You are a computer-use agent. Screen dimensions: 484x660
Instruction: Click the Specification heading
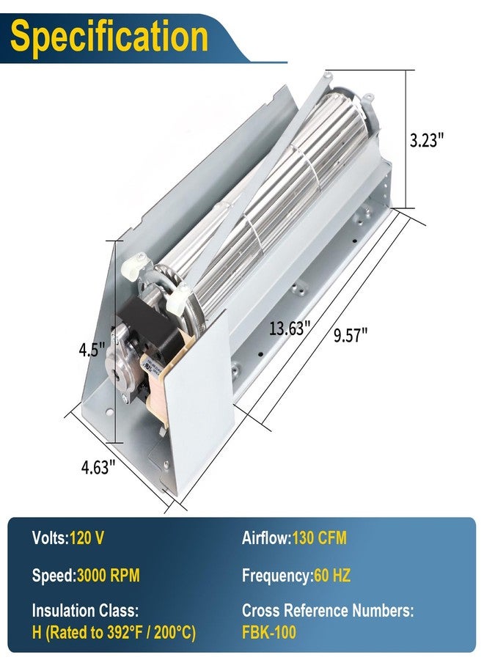tap(109, 37)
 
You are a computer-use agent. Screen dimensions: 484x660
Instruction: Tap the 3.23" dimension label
tap(427, 140)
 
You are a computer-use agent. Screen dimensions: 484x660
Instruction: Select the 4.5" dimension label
tap(92, 349)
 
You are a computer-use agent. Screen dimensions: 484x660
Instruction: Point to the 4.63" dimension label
tap(98, 467)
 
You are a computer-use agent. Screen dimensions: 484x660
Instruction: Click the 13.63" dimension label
tap(290, 328)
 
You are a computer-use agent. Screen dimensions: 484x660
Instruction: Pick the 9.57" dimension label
tap(350, 335)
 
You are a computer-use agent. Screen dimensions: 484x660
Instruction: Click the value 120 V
tap(87, 538)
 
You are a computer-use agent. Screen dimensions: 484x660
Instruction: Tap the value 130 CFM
tap(320, 538)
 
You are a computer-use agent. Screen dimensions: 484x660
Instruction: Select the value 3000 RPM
tap(108, 575)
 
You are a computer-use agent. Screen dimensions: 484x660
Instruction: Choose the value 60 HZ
tap(332, 575)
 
